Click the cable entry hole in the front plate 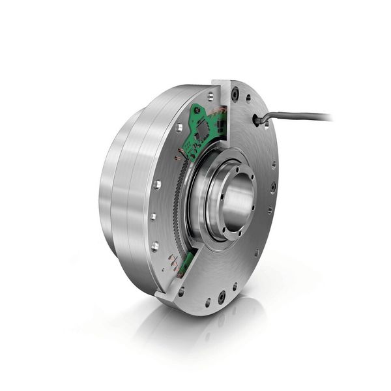[x=256, y=120]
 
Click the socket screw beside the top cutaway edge [x=235, y=96]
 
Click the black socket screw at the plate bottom [x=222, y=296]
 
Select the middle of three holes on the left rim [x=152, y=216]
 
